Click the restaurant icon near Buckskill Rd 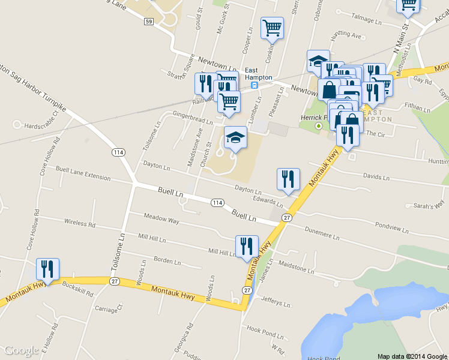[x=47, y=269]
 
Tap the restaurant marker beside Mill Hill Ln [x=247, y=247]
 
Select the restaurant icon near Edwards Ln [x=288, y=179]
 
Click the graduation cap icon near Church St [x=235, y=137]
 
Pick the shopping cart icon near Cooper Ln [x=272, y=28]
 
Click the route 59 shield [x=149, y=22]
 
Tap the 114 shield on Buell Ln [x=217, y=203]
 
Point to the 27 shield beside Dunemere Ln [x=288, y=217]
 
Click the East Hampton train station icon [x=255, y=85]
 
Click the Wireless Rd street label [x=80, y=223]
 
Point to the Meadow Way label [x=161, y=219]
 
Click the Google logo [x=22, y=351]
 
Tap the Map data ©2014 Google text [x=412, y=356]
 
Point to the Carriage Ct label [x=109, y=308]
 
